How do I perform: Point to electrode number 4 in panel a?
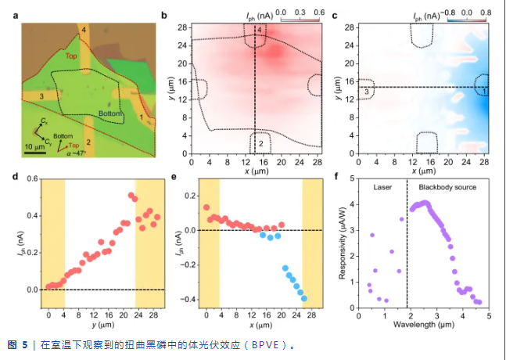[83, 30]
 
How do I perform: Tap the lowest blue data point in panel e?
[303, 298]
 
